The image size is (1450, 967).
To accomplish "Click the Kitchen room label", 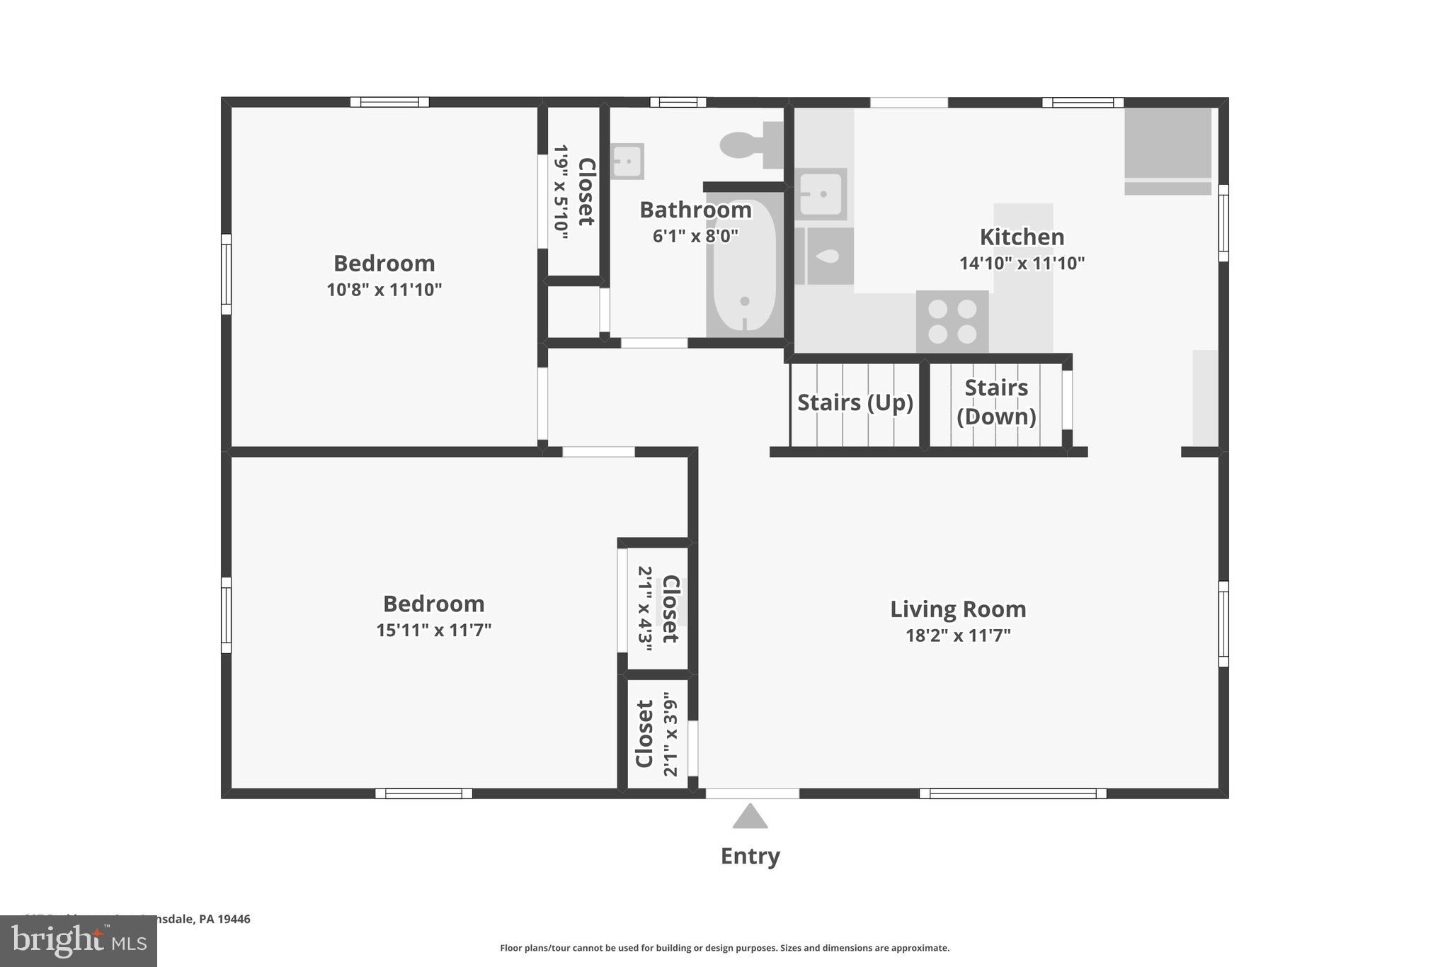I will click(1021, 237).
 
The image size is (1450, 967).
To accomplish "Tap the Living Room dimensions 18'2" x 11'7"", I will click(957, 635).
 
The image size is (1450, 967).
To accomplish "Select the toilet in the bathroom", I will click(750, 145).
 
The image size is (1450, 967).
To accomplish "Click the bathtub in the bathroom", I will click(743, 266).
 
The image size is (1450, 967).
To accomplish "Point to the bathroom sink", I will click(627, 162).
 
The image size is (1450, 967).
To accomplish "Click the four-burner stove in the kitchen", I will click(952, 321).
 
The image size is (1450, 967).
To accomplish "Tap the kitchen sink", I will click(820, 193).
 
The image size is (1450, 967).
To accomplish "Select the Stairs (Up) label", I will click(855, 402).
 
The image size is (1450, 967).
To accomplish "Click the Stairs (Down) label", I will click(995, 402).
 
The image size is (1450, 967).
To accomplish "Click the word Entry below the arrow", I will click(750, 856).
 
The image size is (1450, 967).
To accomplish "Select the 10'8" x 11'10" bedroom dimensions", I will click(384, 290).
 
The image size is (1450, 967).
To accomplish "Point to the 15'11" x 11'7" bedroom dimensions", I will click(433, 630).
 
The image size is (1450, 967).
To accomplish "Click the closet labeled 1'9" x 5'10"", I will click(573, 191).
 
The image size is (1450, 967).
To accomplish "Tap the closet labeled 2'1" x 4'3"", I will click(657, 608).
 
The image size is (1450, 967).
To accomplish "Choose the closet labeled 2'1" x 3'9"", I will click(656, 734).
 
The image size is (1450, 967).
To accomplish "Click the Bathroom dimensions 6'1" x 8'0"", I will click(695, 236).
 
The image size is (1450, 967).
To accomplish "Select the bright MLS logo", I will click(78, 941).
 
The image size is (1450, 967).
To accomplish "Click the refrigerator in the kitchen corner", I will click(1168, 150).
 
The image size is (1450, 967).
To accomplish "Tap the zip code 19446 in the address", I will click(234, 919).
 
